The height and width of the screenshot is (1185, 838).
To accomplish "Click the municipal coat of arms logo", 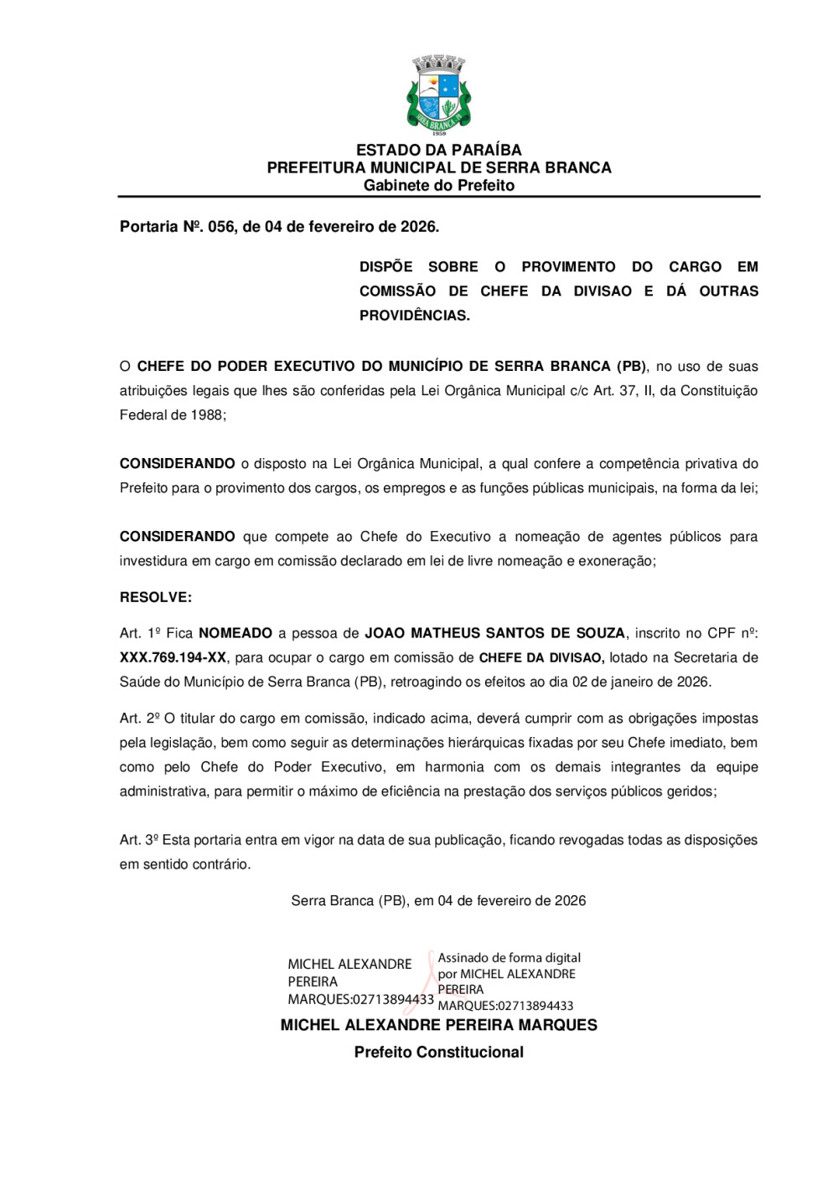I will tap(438, 95).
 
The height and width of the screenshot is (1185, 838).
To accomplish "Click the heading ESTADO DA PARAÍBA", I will tap(438, 150).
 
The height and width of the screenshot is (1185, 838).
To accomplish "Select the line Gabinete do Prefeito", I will tap(438, 185).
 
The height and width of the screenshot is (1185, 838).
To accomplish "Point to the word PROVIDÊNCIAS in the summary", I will tap(414, 316).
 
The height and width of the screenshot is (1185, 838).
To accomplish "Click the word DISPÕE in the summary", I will tap(385, 267).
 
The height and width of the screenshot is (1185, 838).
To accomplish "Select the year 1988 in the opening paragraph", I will tap(207, 415).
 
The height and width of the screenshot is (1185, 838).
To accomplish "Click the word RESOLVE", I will tap(155, 597).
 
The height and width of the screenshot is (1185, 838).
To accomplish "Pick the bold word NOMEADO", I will tap(235, 633).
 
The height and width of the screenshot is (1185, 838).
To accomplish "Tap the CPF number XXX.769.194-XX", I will tap(173, 657).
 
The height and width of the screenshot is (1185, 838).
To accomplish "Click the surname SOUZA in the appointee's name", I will tap(599, 633).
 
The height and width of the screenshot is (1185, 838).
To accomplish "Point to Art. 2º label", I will tap(139, 719).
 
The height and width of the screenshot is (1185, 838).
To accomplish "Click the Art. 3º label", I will tap(139, 840).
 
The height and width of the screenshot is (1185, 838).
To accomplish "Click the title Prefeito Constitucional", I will tap(438, 1053).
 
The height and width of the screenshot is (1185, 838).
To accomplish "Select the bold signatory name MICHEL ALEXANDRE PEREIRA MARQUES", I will tap(438, 1025).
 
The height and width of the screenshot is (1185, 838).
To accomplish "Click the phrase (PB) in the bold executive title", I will tap(631, 366).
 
